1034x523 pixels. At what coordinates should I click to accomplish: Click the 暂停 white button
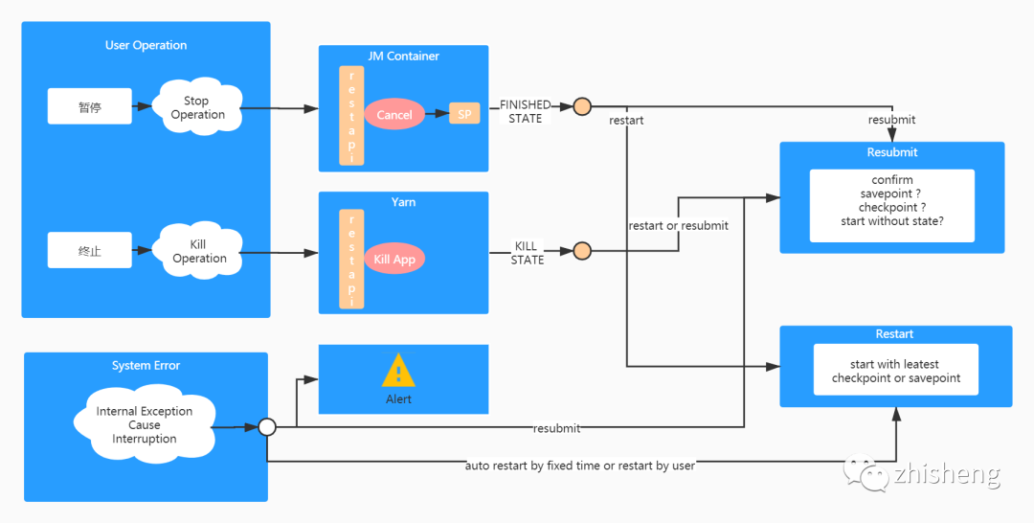(x=90, y=106)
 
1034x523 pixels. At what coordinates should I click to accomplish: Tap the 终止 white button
(x=90, y=251)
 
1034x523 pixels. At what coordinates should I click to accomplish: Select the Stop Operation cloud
(x=196, y=107)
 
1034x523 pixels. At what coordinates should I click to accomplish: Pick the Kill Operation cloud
(x=197, y=251)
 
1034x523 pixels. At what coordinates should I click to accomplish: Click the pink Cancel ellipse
(x=394, y=114)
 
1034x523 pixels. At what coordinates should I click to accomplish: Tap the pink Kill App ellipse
(x=394, y=260)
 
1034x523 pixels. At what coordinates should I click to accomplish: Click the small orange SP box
(x=464, y=113)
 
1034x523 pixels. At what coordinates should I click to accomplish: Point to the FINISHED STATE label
(x=525, y=111)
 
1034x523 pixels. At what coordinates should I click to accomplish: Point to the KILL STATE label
(x=527, y=253)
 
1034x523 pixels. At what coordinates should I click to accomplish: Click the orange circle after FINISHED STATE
(x=582, y=106)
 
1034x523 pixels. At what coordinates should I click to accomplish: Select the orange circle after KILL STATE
(x=582, y=251)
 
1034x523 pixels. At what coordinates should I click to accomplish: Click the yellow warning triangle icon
(x=398, y=370)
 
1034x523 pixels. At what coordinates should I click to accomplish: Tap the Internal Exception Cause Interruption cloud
(x=145, y=424)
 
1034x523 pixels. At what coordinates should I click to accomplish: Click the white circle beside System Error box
(x=267, y=426)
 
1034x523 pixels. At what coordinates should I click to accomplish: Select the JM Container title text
(x=404, y=57)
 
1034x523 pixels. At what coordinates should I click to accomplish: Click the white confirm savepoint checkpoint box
(x=892, y=206)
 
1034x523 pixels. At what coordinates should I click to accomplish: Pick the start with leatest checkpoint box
(x=895, y=370)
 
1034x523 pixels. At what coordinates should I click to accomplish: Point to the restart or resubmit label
(x=679, y=225)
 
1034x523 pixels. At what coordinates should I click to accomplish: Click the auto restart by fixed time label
(x=579, y=466)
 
